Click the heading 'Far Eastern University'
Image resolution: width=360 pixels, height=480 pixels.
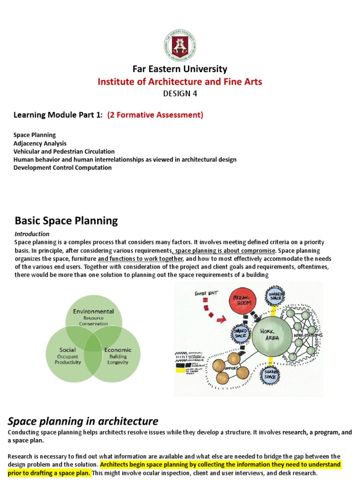180,69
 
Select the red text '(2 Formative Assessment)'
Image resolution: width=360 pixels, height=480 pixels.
155,115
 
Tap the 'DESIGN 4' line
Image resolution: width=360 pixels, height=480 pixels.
180,94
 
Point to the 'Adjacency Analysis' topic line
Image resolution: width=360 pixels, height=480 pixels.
40,143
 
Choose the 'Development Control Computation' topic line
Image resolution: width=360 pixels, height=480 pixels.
63,167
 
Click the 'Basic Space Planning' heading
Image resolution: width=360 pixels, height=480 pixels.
66,220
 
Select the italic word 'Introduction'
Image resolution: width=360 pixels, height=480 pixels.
31,234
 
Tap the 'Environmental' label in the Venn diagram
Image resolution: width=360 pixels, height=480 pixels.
93,311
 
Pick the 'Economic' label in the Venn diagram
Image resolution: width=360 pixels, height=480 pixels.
118,350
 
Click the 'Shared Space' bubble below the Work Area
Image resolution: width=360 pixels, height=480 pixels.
271,375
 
